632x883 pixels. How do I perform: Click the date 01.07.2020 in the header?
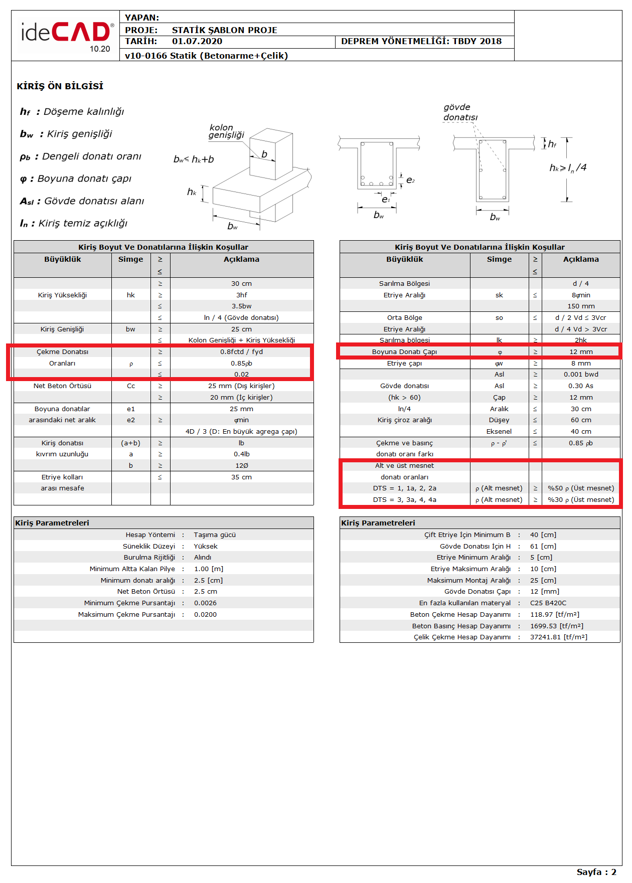coord(197,42)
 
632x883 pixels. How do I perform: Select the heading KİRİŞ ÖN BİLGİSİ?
coord(60,86)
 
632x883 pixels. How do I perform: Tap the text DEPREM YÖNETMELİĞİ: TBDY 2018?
coord(421,42)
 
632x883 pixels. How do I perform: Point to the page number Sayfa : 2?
coord(596,872)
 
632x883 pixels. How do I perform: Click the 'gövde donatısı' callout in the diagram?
coord(460,112)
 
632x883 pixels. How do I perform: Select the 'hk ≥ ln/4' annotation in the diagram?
coord(568,167)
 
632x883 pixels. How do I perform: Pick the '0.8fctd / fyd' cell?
coord(241,352)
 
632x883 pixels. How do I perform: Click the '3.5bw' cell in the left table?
coord(241,306)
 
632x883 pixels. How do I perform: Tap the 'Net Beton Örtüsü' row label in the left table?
coord(62,386)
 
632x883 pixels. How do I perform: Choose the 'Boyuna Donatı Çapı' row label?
coord(404,352)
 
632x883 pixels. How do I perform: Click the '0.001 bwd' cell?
coord(580,375)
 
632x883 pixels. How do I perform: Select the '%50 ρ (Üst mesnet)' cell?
coord(580,488)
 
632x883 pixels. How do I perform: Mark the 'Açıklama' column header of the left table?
coord(241,259)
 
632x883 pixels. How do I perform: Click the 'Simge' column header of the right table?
coord(499,259)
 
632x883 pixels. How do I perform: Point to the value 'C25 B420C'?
coord(548,603)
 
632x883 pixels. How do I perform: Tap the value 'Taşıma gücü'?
coord(215,535)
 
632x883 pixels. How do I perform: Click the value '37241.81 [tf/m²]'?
coord(558,637)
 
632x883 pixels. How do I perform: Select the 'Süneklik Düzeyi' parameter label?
coord(149,547)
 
